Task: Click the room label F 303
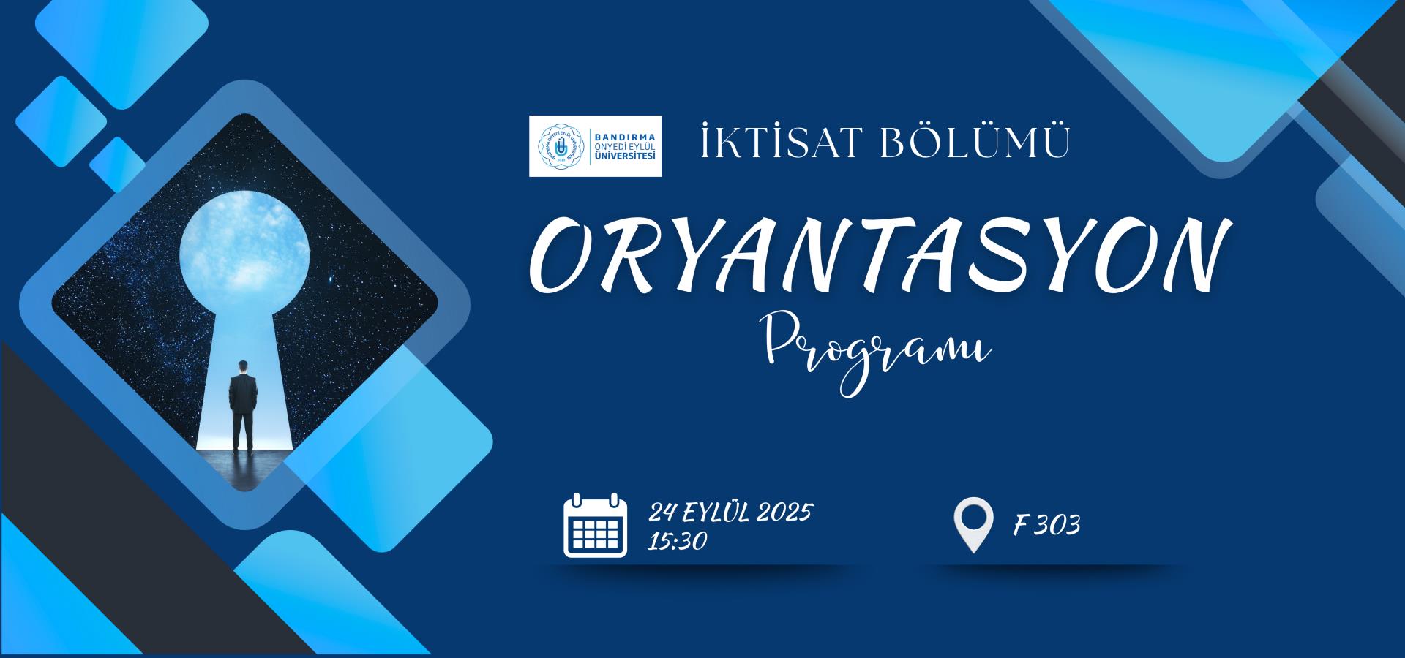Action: point(1046,525)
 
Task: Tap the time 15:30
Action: point(677,540)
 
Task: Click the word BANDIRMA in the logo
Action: point(626,136)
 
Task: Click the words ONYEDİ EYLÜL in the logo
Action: point(626,145)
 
